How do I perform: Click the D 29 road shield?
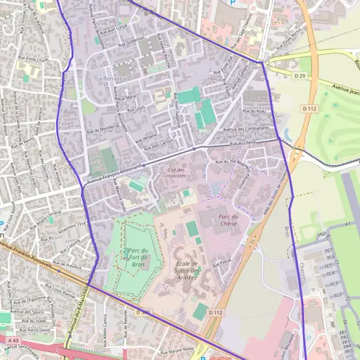(301, 76)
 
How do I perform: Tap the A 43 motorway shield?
(14, 340)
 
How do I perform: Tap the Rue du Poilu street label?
(254, 112)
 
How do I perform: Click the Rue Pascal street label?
(221, 262)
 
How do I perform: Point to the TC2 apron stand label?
(337, 296)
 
